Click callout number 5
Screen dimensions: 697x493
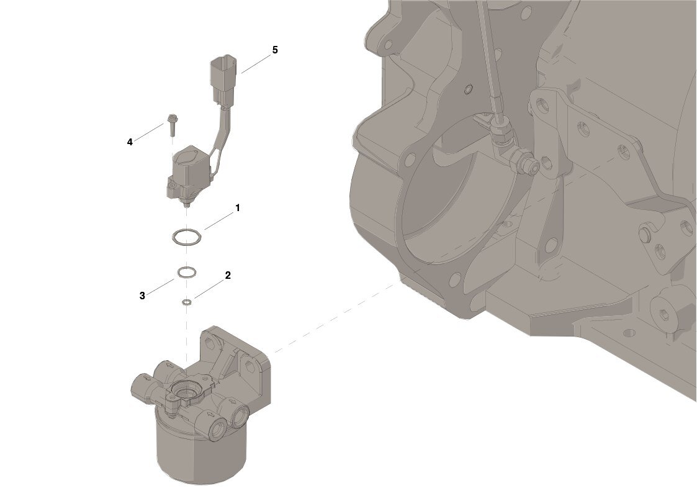(275, 50)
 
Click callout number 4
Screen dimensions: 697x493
(130, 142)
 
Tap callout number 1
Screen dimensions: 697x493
(237, 207)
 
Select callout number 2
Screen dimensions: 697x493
(228, 275)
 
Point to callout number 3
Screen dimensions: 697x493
(142, 296)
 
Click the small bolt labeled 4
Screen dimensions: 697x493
(172, 124)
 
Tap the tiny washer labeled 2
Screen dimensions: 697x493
(187, 303)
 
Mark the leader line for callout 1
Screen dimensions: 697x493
(218, 220)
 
